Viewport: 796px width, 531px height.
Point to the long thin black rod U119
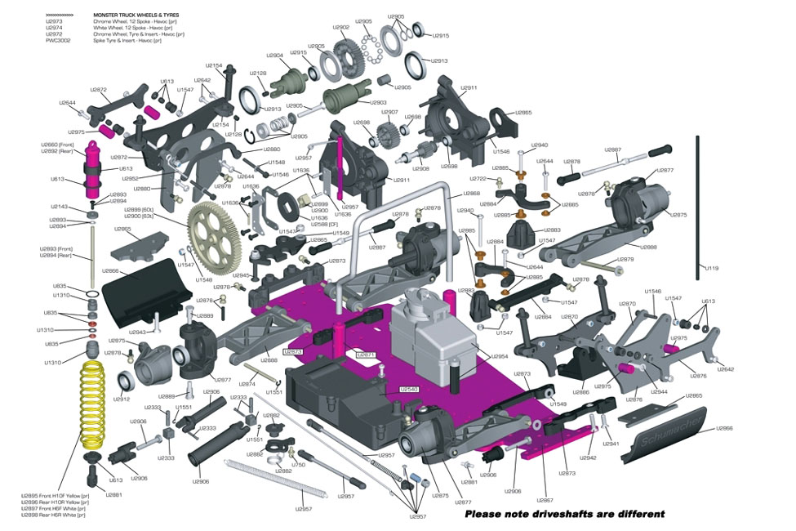click(x=700, y=204)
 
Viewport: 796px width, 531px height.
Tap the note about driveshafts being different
click(x=564, y=514)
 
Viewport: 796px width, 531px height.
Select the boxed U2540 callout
click(x=409, y=390)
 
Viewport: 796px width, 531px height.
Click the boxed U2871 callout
click(x=365, y=355)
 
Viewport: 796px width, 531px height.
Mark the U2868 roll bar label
click(x=471, y=194)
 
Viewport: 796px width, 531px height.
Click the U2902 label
click(x=340, y=28)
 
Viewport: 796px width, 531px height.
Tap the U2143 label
click(x=60, y=207)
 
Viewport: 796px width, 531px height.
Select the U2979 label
click(x=625, y=259)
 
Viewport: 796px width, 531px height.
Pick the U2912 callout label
click(x=121, y=399)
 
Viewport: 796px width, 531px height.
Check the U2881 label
click(x=113, y=495)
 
